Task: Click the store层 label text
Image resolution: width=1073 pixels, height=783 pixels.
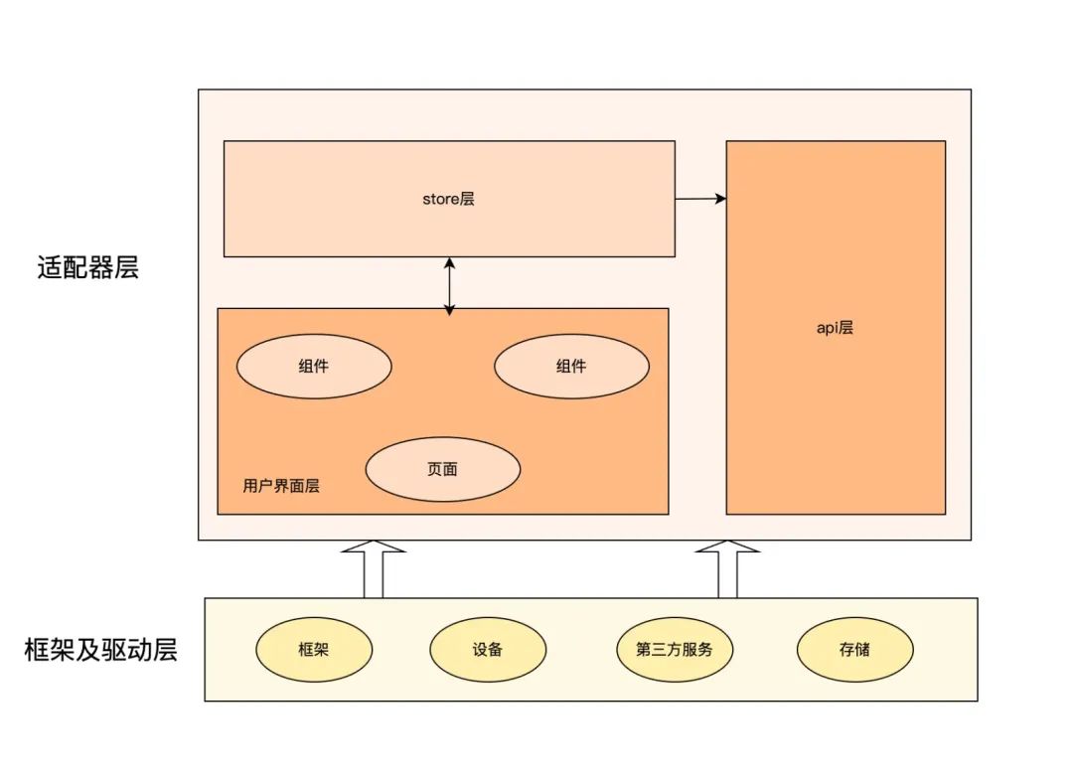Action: tap(449, 199)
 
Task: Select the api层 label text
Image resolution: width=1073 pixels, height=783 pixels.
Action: tap(835, 328)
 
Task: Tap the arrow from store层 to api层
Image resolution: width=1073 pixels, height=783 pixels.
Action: tap(700, 199)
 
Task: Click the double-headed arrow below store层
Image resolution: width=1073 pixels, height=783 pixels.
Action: tap(449, 286)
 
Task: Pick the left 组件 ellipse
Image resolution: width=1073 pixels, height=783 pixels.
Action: tap(314, 366)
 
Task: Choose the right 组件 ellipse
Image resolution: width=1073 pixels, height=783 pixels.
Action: tap(571, 366)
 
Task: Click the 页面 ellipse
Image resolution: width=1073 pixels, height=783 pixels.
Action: tap(443, 469)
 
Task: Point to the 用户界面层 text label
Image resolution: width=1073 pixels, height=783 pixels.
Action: tap(281, 487)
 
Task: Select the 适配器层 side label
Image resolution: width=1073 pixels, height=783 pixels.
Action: tap(88, 267)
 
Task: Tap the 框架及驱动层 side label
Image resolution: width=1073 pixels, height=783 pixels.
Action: tap(100, 651)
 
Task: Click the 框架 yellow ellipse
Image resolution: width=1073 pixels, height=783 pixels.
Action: tap(314, 650)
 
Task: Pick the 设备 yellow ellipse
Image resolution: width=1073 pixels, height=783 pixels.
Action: tap(488, 650)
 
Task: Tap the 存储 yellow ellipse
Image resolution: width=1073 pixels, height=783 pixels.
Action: tap(854, 650)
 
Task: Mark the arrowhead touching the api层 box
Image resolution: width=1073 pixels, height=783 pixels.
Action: tap(720, 199)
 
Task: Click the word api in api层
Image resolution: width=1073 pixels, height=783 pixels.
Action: tap(827, 328)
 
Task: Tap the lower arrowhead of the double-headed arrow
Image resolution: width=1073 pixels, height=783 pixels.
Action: tap(449, 310)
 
